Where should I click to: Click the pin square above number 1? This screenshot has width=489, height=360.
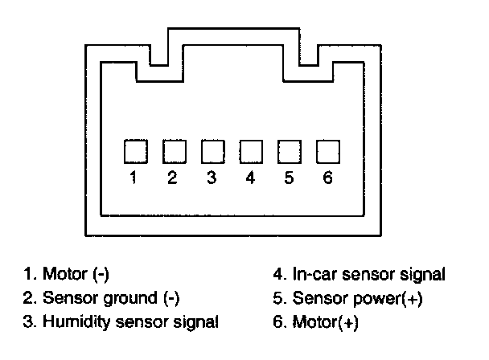tap(134, 151)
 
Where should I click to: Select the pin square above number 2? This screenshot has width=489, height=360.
tap(173, 151)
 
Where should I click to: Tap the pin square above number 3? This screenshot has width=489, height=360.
tap(212, 151)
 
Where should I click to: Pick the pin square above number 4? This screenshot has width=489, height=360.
tap(250, 151)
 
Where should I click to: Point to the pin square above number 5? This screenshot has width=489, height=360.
tap(289, 151)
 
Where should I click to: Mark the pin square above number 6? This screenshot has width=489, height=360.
tap(327, 151)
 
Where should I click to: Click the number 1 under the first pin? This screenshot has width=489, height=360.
tap(134, 178)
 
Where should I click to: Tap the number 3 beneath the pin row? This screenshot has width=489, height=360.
tap(212, 178)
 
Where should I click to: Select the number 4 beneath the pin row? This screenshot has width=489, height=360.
tap(250, 178)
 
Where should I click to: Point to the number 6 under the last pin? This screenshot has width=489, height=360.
tap(327, 178)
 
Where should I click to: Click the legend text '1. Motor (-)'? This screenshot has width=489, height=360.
tap(66, 274)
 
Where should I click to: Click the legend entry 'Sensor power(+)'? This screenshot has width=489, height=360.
tap(359, 298)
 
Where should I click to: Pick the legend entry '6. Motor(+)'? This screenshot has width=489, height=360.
tap(316, 323)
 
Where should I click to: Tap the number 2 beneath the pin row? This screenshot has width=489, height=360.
tap(173, 178)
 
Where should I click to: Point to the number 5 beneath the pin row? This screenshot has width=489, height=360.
tap(289, 178)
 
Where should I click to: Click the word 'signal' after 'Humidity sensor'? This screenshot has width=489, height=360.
tap(197, 323)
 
